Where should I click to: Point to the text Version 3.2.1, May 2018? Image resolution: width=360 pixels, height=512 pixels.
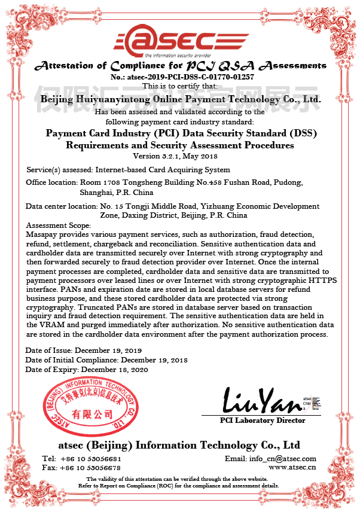click(x=179, y=156)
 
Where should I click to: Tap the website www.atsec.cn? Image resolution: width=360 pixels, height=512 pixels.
click(x=292, y=467)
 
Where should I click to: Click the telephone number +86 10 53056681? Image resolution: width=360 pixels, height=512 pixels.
click(x=89, y=459)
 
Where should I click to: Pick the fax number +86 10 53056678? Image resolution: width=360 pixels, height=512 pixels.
click(x=89, y=467)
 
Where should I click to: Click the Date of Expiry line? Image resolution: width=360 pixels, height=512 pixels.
click(x=86, y=370)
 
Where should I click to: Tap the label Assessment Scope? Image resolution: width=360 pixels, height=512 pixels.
click(x=58, y=225)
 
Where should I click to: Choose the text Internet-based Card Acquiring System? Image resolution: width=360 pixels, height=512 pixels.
click(x=153, y=169)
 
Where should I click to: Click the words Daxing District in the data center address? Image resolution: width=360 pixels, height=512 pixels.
click(x=146, y=215)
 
